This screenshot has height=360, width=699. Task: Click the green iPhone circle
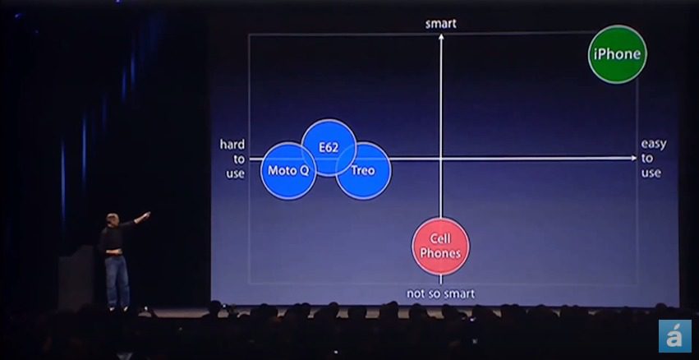click(618, 54)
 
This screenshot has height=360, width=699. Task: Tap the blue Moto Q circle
click(288, 171)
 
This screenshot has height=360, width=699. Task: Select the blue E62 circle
click(329, 147)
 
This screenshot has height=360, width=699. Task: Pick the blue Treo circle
click(363, 171)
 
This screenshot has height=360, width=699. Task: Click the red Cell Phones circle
click(440, 247)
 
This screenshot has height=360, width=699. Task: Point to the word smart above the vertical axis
click(441, 24)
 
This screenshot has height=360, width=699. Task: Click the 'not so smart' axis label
click(440, 293)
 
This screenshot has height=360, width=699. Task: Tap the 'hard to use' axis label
click(232, 159)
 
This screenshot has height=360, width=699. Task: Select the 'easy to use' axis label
click(654, 159)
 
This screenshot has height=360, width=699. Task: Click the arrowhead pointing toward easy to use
click(634, 158)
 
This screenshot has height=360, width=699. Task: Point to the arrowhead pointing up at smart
click(441, 37)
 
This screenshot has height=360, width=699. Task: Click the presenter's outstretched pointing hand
click(146, 215)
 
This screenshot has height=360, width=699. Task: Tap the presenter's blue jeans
click(117, 281)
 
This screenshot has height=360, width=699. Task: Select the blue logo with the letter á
click(674, 336)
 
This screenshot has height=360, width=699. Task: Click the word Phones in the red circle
click(440, 253)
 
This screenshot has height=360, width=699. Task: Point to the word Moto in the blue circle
click(278, 170)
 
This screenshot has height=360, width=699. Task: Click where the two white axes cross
click(441, 159)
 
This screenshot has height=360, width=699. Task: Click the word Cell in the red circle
click(440, 239)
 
